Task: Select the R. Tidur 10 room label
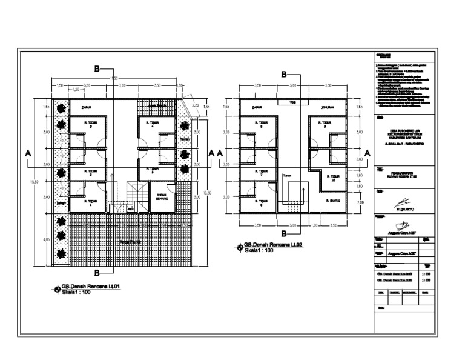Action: click(x=331, y=176)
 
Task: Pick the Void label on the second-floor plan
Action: click(x=292, y=102)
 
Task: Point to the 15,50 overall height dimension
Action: click(x=36, y=181)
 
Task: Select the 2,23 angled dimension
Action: click(x=195, y=105)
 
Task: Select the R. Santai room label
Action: click(x=333, y=201)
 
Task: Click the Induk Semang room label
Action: click(x=161, y=196)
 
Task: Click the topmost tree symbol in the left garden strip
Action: click(x=61, y=109)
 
